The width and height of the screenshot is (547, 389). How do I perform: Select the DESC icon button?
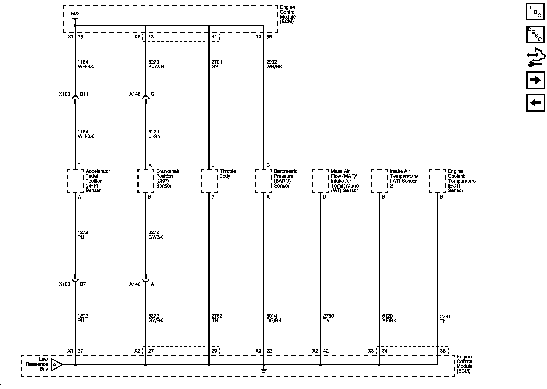[x=535, y=34]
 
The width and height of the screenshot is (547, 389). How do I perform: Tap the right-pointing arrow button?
[x=535, y=80]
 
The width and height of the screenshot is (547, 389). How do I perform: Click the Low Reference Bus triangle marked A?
[x=56, y=364]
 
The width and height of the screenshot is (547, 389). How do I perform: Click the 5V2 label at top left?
[x=75, y=14]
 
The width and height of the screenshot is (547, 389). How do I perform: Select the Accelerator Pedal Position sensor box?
[x=75, y=181]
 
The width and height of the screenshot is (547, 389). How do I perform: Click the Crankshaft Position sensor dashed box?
[x=146, y=181]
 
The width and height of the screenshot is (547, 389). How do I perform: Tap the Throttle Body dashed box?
[x=209, y=181]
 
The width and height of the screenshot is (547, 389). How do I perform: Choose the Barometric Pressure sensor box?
[x=263, y=181]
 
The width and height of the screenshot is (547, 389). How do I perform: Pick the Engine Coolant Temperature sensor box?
[x=437, y=181]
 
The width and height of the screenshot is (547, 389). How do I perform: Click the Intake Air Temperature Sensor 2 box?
[x=379, y=181]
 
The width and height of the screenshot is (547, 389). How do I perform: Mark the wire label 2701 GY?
[x=215, y=64]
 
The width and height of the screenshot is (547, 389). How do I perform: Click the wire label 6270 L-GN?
[x=154, y=134]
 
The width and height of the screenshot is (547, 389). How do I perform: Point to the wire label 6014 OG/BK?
[x=274, y=318]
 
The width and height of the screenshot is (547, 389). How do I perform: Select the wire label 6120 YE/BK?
[x=389, y=318]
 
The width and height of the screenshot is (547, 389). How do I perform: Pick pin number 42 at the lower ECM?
[x=325, y=351]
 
